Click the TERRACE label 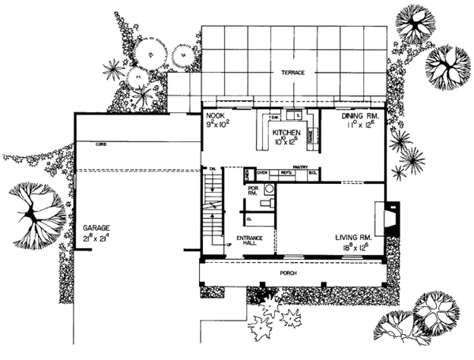[293, 73]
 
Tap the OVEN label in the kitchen [261, 171]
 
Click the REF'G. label [286, 171]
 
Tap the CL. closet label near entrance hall [248, 218]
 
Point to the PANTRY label [299, 167]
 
